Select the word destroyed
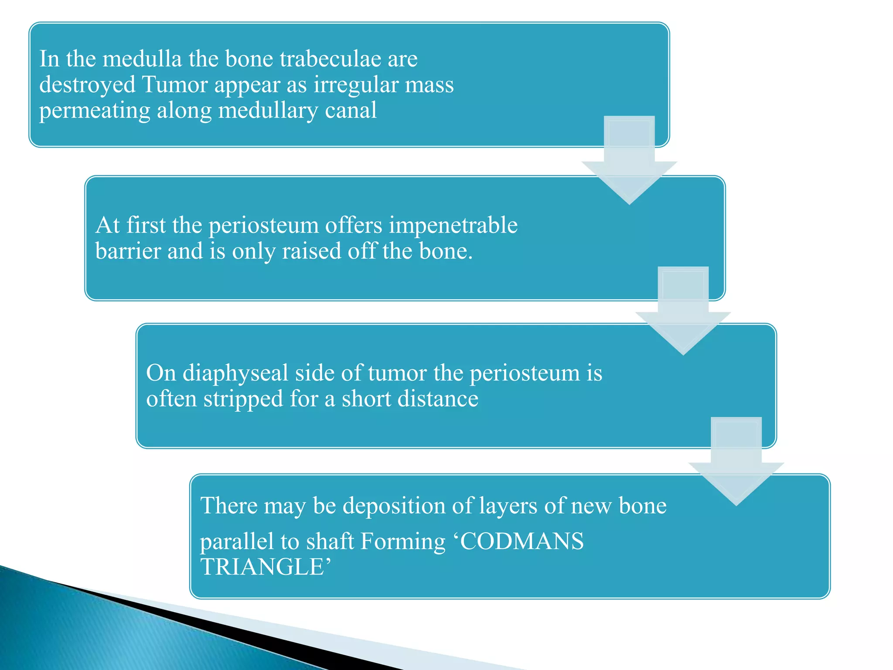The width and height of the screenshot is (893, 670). [x=87, y=85]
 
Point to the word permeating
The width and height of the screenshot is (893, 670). [x=94, y=111]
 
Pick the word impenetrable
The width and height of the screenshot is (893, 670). [x=453, y=226]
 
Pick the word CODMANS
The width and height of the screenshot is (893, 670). [x=521, y=541]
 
